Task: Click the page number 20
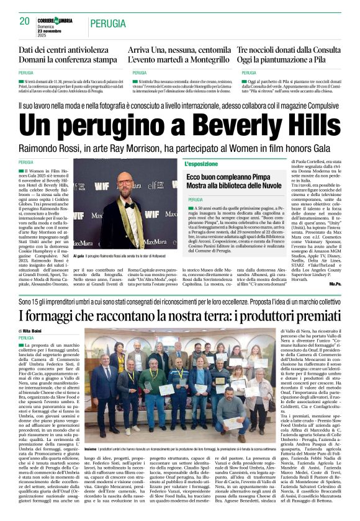click(x=25, y=21)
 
